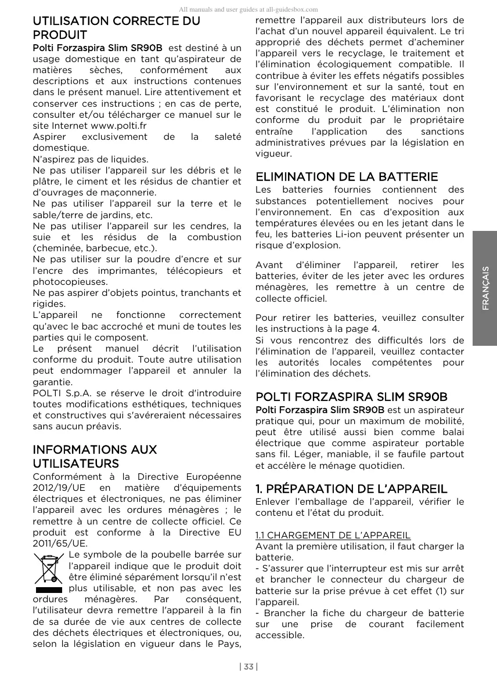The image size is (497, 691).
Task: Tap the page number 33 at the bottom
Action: [x=248, y=667]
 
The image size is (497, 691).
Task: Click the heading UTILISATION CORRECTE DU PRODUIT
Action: [x=116, y=28]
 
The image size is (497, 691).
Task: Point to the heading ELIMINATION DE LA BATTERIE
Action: [x=347, y=176]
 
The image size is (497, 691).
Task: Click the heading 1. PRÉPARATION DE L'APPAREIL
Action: [x=351, y=489]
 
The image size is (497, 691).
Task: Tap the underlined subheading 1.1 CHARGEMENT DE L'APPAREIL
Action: [x=333, y=535]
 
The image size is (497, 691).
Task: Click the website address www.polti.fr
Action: [x=119, y=126]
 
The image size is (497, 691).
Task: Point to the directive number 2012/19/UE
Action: [x=58, y=489]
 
